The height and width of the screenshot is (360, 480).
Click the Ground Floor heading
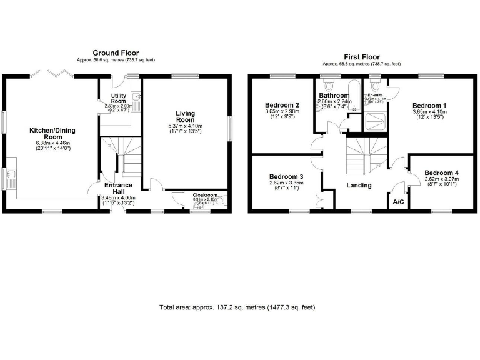pyautogui.click(x=116, y=53)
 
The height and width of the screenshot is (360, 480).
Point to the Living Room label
pyautogui.click(x=186, y=117)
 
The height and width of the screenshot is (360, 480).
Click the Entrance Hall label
pyautogui.click(x=118, y=189)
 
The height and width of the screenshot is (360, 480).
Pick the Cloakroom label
pyautogui.click(x=204, y=195)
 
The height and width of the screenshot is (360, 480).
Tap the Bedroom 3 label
pyautogui.click(x=286, y=177)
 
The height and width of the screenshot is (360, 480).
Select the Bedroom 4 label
pyautogui.click(x=441, y=172)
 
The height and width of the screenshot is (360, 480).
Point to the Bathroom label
pyautogui.click(x=334, y=96)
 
